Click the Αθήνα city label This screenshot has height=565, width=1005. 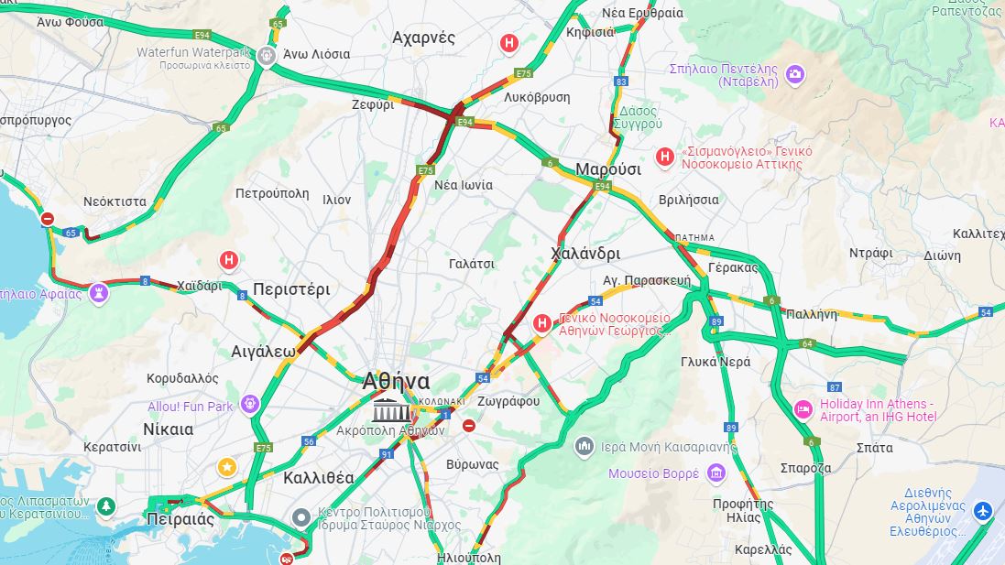396,381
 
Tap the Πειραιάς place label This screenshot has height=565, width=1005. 180,519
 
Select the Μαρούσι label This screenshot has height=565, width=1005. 605,169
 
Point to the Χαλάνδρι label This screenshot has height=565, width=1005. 586,254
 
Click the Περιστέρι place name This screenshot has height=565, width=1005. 291,289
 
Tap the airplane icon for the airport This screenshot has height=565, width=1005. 983,509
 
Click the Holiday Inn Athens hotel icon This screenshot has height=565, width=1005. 803,409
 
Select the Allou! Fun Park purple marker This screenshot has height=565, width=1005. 250,405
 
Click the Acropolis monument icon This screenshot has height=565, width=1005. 391,409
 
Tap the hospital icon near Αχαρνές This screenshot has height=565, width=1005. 509,43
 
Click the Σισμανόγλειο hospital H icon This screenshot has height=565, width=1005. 664,158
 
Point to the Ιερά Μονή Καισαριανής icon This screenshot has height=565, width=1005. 584,447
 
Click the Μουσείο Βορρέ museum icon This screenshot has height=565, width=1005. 716,473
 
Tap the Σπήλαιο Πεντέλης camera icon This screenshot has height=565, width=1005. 794,74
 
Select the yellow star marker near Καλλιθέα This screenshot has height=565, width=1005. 226,468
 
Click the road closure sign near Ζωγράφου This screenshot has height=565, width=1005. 469,426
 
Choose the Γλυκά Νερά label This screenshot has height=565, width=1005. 716,362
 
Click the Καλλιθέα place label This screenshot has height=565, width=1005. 318,477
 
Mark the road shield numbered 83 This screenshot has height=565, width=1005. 621,81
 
